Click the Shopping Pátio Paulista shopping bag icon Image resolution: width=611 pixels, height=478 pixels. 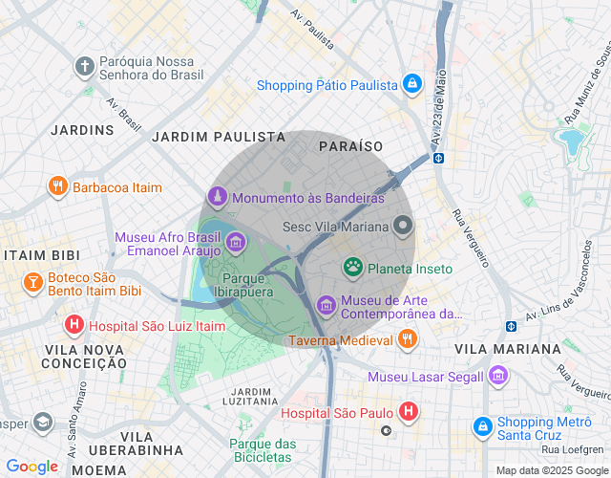point(411,84)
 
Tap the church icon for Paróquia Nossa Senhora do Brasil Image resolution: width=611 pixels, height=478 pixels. point(85,67)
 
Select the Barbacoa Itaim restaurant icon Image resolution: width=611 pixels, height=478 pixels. point(58,187)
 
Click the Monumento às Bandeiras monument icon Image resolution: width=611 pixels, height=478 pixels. point(218,198)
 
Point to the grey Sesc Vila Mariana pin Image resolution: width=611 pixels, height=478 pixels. point(403,227)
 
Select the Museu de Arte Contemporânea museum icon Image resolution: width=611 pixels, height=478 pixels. point(327,305)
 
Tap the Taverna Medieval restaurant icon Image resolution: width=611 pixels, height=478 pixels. point(408,339)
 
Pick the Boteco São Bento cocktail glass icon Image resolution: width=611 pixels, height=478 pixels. point(32,283)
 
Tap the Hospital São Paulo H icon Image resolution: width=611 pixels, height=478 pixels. point(408,413)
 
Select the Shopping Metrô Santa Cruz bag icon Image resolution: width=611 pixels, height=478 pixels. point(484,424)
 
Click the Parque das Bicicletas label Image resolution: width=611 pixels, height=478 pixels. point(263,450)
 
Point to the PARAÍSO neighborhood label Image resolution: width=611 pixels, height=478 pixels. point(350,146)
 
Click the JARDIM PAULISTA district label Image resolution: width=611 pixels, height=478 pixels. point(219,138)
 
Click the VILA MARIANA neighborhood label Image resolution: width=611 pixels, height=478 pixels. point(508,349)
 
